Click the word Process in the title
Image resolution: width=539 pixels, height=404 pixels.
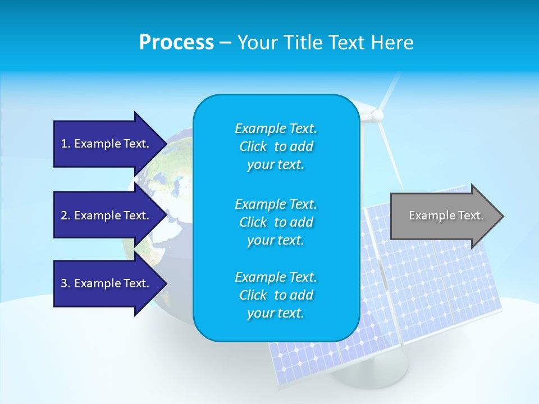click(176, 43)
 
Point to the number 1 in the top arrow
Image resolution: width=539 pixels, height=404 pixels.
click(64, 144)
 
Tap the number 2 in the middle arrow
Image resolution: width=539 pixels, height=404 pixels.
click(64, 215)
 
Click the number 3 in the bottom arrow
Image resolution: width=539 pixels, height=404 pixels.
click(64, 283)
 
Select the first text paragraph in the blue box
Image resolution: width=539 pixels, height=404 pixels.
click(276, 146)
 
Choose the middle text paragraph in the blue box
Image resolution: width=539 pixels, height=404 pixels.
click(276, 222)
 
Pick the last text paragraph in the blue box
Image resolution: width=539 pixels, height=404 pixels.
click(276, 295)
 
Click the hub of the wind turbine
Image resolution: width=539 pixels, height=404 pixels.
click(377, 116)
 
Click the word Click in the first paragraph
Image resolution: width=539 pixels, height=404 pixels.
click(253, 146)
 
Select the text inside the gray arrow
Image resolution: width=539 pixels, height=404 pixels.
click(446, 215)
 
